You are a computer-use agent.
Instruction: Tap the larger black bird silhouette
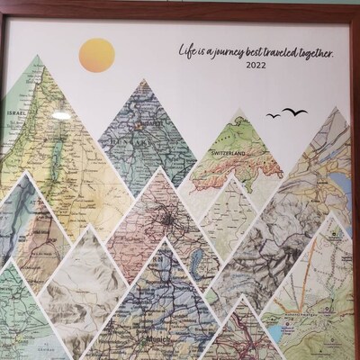coord(293,112)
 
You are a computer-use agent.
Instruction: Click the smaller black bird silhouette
coord(273,115)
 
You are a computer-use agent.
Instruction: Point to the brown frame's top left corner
coord(3,3)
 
